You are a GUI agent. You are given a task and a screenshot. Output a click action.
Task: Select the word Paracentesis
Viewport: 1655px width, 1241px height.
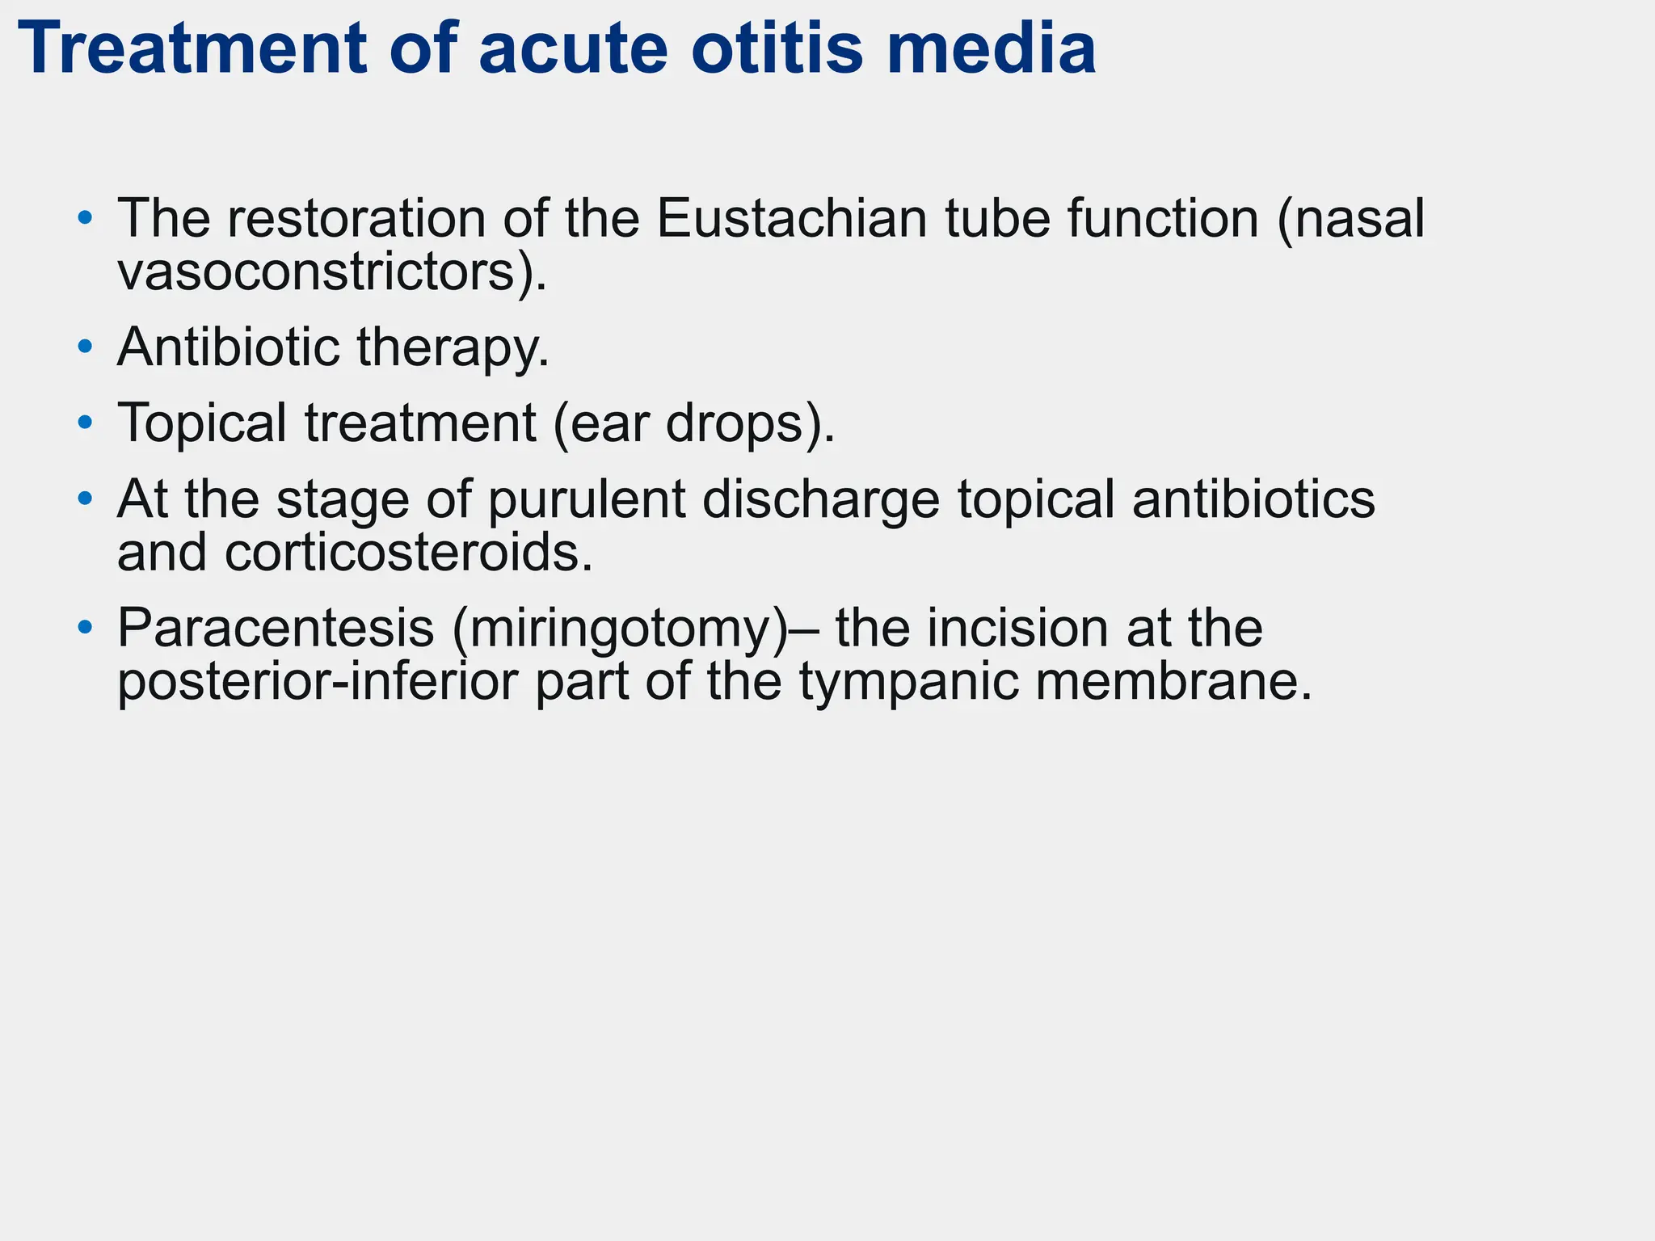[276, 628]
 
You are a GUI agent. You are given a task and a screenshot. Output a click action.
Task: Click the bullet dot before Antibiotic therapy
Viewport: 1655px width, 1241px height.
[85, 347]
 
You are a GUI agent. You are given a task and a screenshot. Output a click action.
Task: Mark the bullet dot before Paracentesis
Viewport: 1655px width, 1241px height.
[85, 628]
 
